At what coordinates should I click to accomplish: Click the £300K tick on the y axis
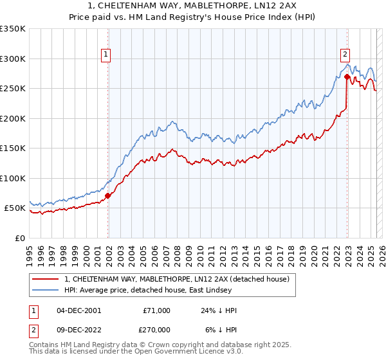[x=13, y=59]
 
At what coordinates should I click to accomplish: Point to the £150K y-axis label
[x=13, y=148]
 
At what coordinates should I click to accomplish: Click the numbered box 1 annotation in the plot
[x=106, y=55]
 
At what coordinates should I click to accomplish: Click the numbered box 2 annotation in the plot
[x=345, y=55]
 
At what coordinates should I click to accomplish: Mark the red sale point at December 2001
[x=108, y=195]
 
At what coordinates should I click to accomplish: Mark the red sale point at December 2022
[x=347, y=76]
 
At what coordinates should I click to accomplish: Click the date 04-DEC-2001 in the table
[x=78, y=310]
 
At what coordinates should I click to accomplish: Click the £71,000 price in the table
[x=157, y=310]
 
